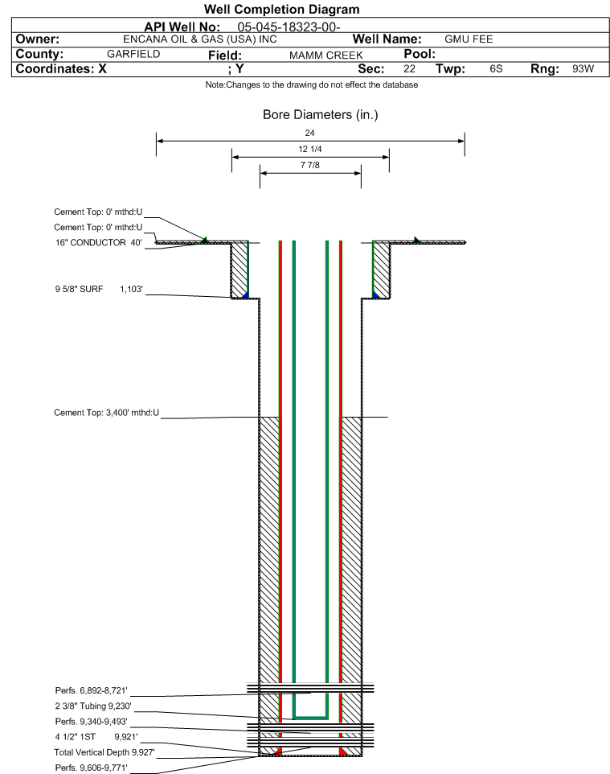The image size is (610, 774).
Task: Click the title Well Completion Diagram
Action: point(281,10)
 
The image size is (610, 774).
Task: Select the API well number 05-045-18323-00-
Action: point(289,27)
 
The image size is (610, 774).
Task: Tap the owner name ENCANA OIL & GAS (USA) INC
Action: point(200,39)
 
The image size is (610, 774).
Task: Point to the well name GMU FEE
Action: point(469,39)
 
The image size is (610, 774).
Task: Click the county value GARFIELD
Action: point(133,54)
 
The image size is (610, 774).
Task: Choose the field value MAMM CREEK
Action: point(326,56)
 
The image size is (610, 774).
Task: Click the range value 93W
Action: point(583,68)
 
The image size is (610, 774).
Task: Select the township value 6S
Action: point(496,68)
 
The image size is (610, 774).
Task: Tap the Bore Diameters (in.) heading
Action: point(320,115)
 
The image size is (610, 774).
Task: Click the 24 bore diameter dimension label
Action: point(309,133)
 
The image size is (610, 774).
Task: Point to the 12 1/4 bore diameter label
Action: point(309,149)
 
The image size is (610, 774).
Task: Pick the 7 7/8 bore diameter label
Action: point(309,166)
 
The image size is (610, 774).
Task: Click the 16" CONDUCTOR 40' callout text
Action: point(99,242)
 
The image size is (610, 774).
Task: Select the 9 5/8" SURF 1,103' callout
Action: point(99,289)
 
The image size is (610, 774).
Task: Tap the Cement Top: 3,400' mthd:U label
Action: point(107,413)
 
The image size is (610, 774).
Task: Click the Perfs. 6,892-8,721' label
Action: point(92,690)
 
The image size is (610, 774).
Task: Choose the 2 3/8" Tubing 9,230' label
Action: point(93,706)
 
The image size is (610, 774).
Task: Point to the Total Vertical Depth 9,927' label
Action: point(104,752)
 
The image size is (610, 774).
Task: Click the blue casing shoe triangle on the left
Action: point(245,294)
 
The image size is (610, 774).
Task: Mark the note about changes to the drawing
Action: point(312,85)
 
